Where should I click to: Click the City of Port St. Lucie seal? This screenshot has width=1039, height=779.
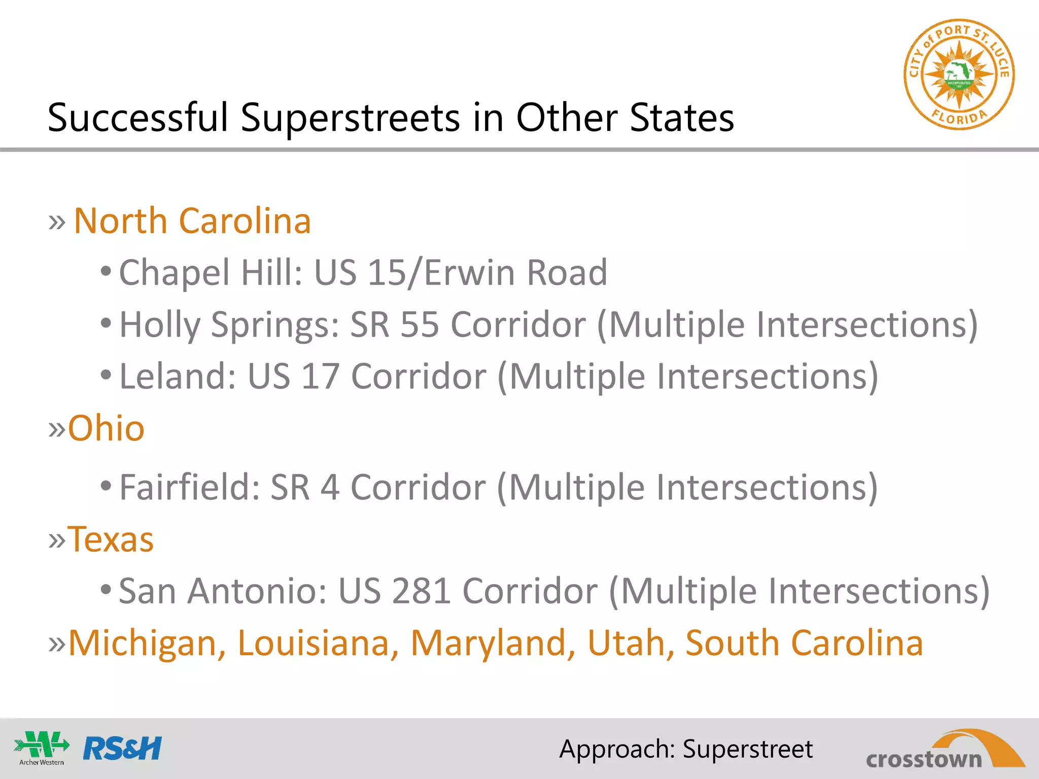[x=959, y=75]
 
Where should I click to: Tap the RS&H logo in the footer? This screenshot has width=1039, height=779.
[x=122, y=749]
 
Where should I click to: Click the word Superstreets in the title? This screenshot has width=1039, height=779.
[x=350, y=118]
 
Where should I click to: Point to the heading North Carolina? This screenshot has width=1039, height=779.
[x=192, y=221]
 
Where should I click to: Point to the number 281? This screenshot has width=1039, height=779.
[x=421, y=591]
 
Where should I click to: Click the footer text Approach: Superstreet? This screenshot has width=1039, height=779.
[x=686, y=749]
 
